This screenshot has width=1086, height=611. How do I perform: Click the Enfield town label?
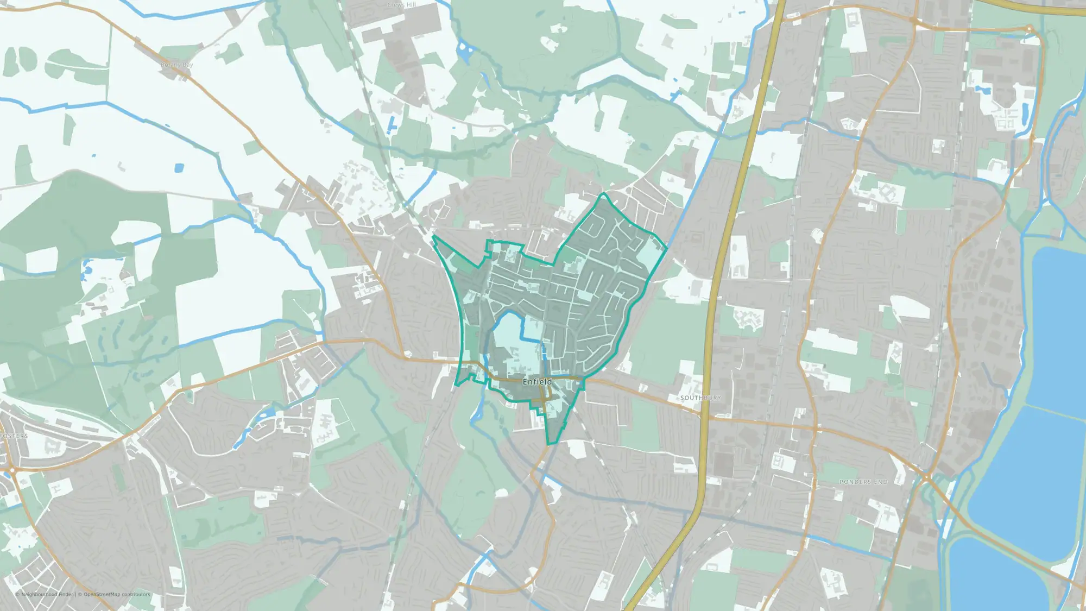click(x=537, y=382)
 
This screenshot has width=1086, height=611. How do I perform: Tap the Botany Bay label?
click(x=176, y=65)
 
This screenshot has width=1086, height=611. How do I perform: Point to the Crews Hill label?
click(x=402, y=5)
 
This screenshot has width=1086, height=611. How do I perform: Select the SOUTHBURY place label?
click(x=700, y=398)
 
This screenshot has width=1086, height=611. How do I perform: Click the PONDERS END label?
click(x=863, y=482)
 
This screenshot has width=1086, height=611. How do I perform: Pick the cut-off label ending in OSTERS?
click(x=14, y=436)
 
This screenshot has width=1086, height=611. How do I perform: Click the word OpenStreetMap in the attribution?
click(x=102, y=594)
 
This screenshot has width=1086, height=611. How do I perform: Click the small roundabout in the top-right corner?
click(x=1030, y=28)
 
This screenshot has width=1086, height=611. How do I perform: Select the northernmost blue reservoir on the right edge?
click(x=1059, y=326)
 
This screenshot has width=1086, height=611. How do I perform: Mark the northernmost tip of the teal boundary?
click(x=603, y=193)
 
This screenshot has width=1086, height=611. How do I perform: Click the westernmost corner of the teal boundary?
click(x=433, y=237)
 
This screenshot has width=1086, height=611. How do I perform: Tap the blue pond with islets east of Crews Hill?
click(x=465, y=52)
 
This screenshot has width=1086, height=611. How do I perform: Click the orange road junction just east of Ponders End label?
click(x=926, y=478)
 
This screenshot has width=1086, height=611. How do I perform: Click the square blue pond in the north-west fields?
click(x=179, y=168)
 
